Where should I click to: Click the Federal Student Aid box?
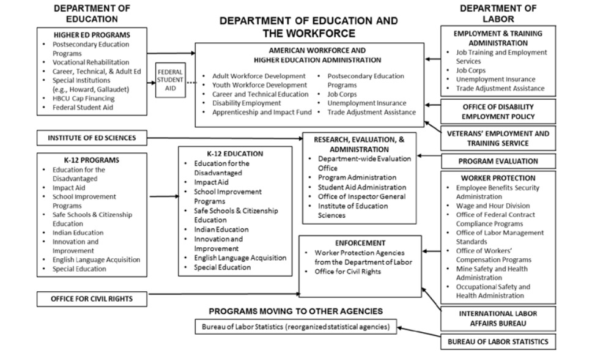pos(169,81)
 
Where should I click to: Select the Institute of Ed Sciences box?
pos(92,138)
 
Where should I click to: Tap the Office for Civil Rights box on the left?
pos(92,299)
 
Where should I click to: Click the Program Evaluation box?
pos(498,162)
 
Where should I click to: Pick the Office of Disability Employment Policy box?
pos(498,111)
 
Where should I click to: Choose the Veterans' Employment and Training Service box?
pos(498,138)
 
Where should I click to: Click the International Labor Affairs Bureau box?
pos(498,318)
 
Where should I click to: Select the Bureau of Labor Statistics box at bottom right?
pos(498,342)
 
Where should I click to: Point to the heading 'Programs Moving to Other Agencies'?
pos(295,311)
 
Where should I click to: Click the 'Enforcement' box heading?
pos(360,243)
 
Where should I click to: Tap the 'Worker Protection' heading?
pos(498,178)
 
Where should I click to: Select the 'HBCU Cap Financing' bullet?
pos(83,98)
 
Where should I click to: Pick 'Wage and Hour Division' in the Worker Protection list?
pos(493,206)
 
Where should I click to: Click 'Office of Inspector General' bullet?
pos(361,196)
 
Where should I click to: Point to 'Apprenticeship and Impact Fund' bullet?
pos(262,113)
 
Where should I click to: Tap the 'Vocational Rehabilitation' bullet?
pos(91,62)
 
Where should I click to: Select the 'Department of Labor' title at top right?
pos(498,13)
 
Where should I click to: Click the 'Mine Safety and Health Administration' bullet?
pos(493,273)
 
